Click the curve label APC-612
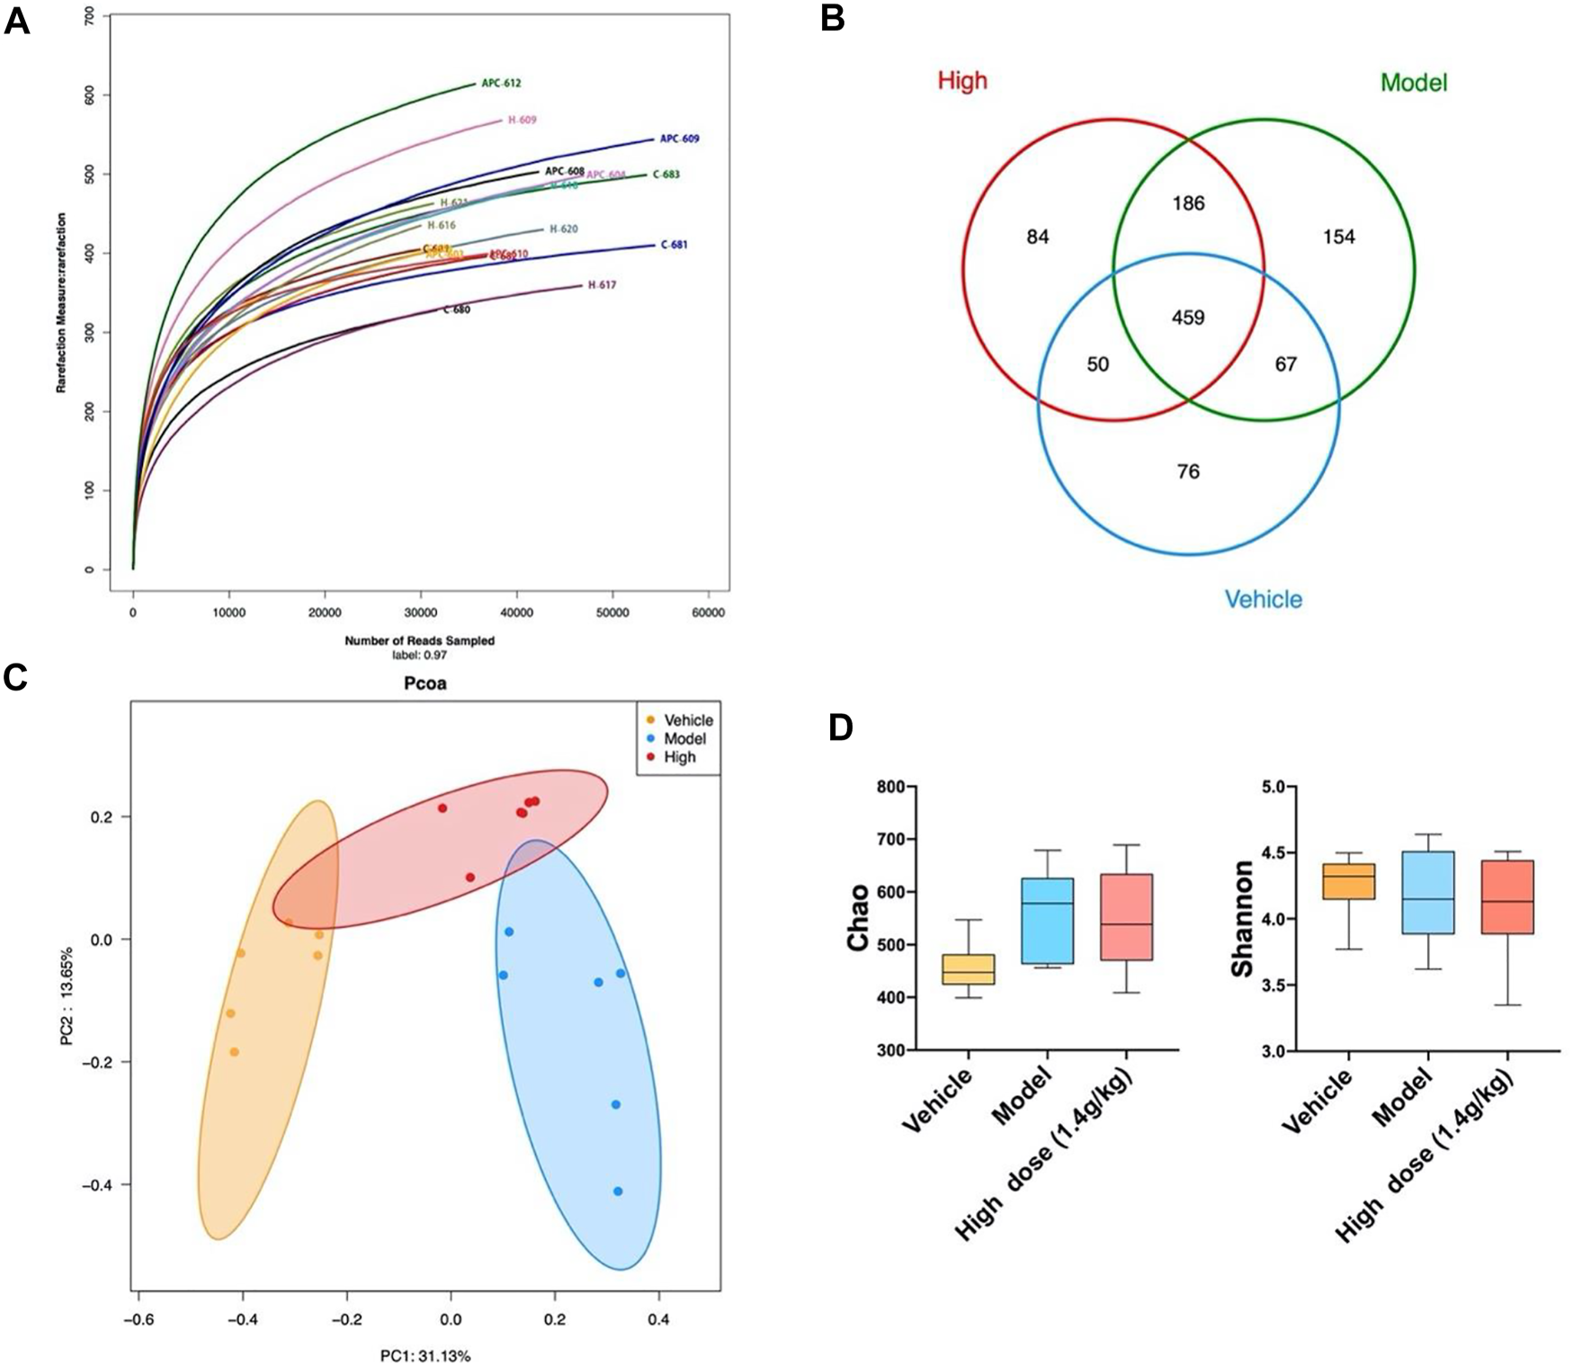pyautogui.click(x=501, y=84)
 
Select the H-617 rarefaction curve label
pyautogui.click(x=602, y=285)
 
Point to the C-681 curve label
pyautogui.click(x=674, y=245)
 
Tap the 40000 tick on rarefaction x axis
pyautogui.click(x=516, y=612)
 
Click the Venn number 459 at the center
pyautogui.click(x=1188, y=317)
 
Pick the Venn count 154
pyautogui.click(x=1339, y=236)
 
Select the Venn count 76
pyautogui.click(x=1188, y=471)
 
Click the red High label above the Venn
pyautogui.click(x=962, y=81)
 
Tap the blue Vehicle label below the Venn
pyautogui.click(x=1263, y=599)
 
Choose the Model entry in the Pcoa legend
pyautogui.click(x=684, y=738)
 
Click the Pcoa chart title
pyautogui.click(x=424, y=683)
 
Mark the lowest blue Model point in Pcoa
pyautogui.click(x=618, y=1191)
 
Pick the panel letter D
pyautogui.click(x=839, y=727)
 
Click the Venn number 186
pyautogui.click(x=1188, y=203)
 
